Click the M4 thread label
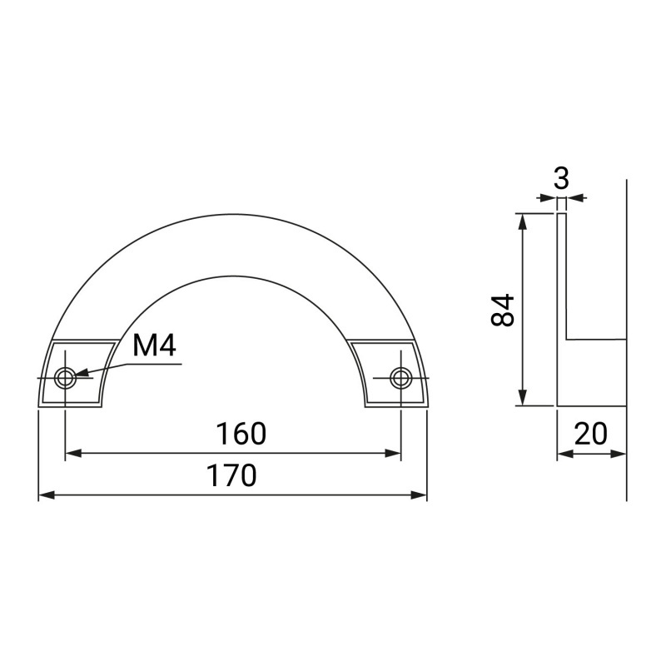tap(154, 345)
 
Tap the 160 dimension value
tap(241, 434)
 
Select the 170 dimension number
tap(232, 475)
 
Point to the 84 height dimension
tap(503, 310)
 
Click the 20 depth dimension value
tap(590, 434)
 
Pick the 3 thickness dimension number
tap(561, 179)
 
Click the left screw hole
tap(65, 377)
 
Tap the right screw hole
tap(401, 377)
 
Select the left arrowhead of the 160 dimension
tap(73, 453)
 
